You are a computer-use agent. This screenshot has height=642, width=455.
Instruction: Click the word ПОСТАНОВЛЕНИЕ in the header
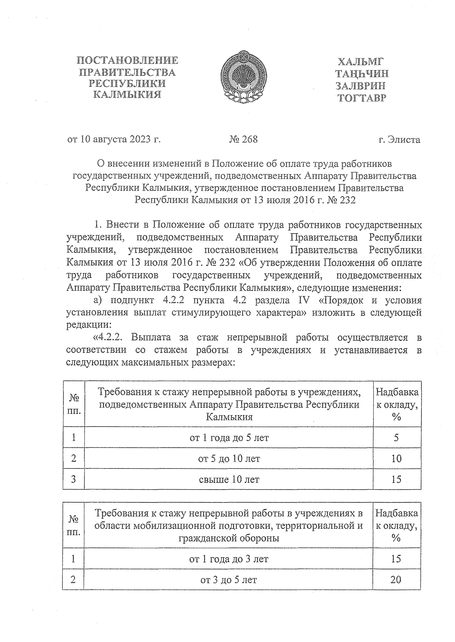click(127, 61)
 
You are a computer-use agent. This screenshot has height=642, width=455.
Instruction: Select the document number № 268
click(243, 139)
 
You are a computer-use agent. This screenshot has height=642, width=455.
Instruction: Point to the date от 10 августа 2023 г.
click(114, 139)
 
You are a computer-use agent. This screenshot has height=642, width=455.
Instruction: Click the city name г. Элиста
click(399, 140)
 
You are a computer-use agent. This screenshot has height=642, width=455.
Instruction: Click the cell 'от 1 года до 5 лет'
click(229, 438)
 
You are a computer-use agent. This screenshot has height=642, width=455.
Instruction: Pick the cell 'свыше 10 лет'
click(229, 479)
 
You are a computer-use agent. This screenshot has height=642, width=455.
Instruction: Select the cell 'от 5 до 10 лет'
click(229, 459)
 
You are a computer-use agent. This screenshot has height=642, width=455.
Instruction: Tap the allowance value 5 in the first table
click(396, 438)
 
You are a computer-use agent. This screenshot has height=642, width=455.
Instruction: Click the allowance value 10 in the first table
click(396, 459)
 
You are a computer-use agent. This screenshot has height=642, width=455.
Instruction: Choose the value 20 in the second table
click(395, 579)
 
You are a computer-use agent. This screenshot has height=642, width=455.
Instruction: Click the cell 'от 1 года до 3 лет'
click(229, 559)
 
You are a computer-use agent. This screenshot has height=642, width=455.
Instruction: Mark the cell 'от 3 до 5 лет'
click(229, 579)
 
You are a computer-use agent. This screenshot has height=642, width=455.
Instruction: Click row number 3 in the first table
click(74, 479)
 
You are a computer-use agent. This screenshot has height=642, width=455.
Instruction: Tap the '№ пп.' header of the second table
click(74, 525)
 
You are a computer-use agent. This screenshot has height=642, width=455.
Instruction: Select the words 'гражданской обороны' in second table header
click(229, 538)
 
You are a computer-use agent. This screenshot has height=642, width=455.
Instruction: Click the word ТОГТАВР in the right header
click(362, 99)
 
